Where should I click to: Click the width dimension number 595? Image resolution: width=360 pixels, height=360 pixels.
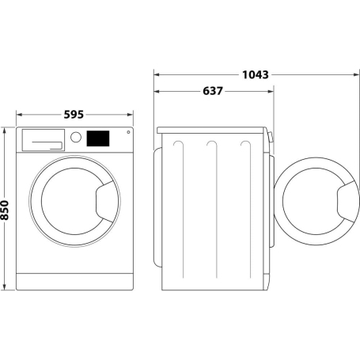click(74, 115)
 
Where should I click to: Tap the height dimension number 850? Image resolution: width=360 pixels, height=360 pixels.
click(6, 209)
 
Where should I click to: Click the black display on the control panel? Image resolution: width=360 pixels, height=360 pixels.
click(97, 138)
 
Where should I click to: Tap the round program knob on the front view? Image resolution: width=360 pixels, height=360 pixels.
click(76, 137)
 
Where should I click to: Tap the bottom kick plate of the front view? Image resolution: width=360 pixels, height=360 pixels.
click(75, 281)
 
